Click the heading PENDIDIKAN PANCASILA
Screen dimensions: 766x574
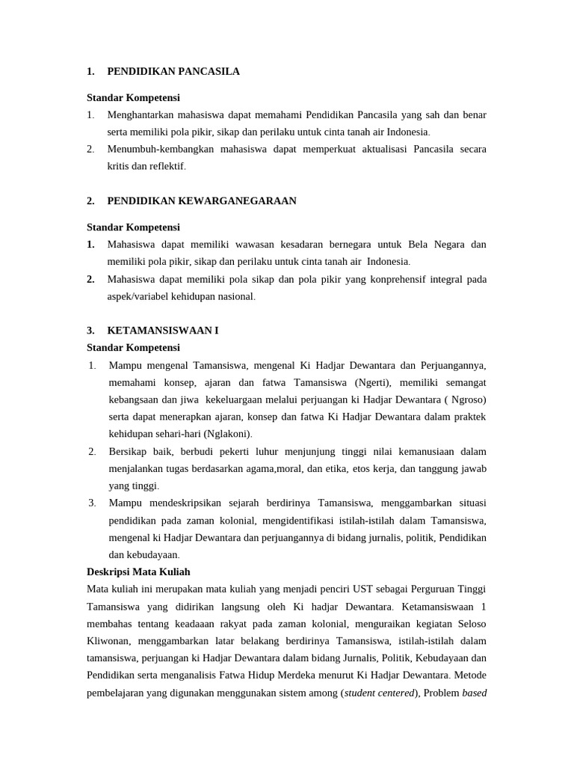[x=173, y=72]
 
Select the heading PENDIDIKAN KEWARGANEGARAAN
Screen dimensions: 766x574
[x=202, y=201]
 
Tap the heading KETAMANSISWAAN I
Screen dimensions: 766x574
[x=163, y=331]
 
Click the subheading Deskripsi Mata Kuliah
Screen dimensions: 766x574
[x=138, y=572]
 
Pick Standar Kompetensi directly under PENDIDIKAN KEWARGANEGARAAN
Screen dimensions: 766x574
[x=133, y=227]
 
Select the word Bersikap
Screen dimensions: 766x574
[x=129, y=452]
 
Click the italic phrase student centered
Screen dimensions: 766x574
[x=380, y=693]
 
